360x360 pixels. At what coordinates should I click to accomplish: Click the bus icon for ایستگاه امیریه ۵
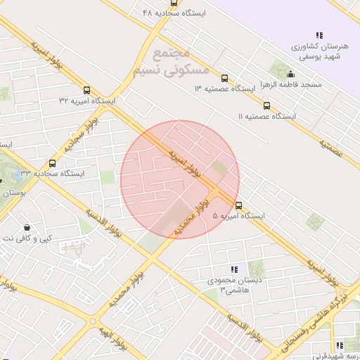pos(239,205)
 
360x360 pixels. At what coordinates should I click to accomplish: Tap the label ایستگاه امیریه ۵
pos(238,217)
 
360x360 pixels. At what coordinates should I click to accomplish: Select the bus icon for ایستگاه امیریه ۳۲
pos(87,90)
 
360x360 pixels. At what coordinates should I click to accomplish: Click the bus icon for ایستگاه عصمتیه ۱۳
pos(224,78)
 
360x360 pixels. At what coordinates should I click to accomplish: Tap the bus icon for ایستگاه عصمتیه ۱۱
pos(266,105)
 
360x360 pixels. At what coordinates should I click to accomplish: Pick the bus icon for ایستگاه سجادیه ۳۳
pos(52,163)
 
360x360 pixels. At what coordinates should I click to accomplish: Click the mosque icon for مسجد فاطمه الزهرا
pos(290,74)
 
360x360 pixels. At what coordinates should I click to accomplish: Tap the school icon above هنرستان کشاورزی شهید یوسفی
pos(319,34)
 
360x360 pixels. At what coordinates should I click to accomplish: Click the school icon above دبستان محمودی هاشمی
pos(234,269)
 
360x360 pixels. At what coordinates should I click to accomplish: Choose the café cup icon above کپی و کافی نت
pos(27,227)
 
